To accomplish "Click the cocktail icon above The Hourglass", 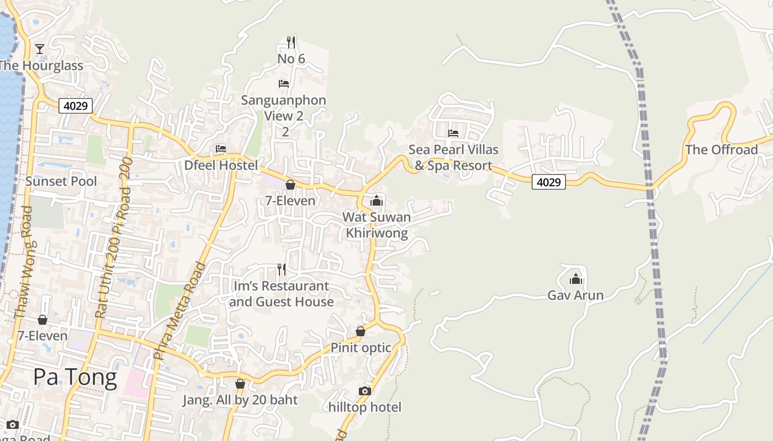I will tap(40, 49).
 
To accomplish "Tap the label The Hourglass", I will tap(40, 66).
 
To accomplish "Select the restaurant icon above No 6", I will tap(291, 42).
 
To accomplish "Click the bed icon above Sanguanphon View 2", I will tap(284, 84).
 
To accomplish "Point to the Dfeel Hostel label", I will tap(221, 165).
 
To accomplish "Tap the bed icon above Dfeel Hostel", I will tap(221, 149).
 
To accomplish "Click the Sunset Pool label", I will tap(61, 181).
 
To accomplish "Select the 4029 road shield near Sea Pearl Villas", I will tap(549, 182).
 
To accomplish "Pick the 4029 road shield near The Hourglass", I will tap(76, 105).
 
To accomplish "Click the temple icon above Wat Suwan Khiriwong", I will tap(377, 201).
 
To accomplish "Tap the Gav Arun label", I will tap(575, 295).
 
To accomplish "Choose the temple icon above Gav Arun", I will tap(576, 279).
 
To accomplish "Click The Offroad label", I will tap(721, 150).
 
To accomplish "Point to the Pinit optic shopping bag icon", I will tap(361, 331).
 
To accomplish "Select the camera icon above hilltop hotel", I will tap(364, 391).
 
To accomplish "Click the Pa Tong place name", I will tap(75, 378).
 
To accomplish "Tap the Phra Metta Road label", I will tap(179, 311).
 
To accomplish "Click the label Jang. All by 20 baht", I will tap(240, 400).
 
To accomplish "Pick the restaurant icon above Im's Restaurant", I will tap(282, 270).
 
